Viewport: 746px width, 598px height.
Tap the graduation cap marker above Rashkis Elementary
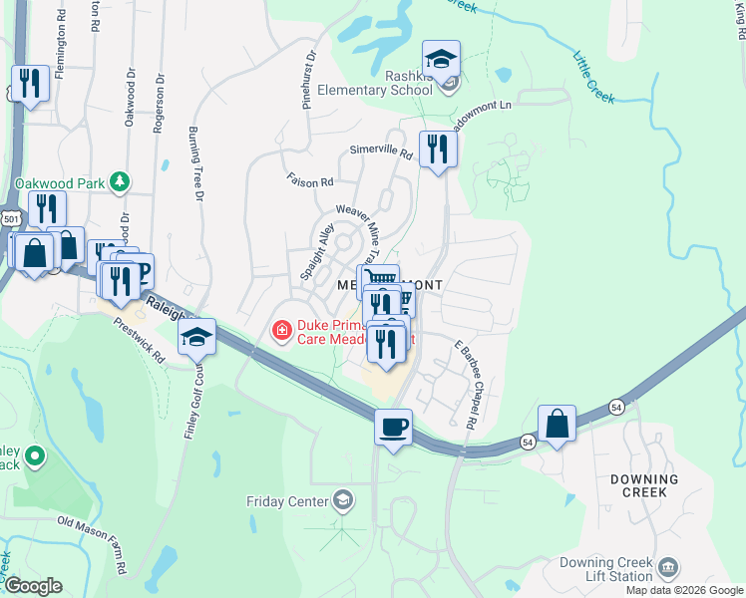(x=441, y=58)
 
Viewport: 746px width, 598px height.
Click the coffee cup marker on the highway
(x=393, y=427)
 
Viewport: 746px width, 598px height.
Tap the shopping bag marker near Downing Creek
(x=558, y=423)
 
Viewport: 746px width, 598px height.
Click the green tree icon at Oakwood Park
(x=120, y=181)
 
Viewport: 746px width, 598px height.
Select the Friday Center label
(x=287, y=500)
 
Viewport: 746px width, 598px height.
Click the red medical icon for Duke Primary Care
(x=283, y=329)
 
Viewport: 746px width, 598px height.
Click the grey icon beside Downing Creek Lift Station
(x=668, y=568)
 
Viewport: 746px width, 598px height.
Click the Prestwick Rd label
(x=139, y=340)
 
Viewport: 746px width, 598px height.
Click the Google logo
(x=32, y=586)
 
